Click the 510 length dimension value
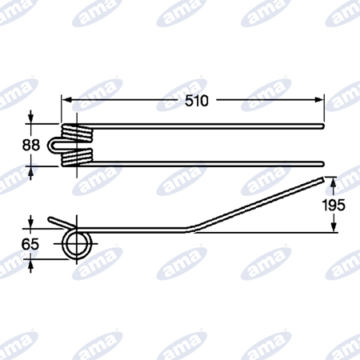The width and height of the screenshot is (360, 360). point(197,101)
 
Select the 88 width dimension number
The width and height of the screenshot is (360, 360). point(31,145)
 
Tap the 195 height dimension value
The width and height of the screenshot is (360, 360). point(334,205)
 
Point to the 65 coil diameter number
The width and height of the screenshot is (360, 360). point(30,244)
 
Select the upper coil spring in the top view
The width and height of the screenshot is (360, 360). point(78,133)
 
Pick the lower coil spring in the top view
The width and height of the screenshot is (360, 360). point(78,158)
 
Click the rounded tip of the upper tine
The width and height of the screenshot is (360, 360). point(322,126)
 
